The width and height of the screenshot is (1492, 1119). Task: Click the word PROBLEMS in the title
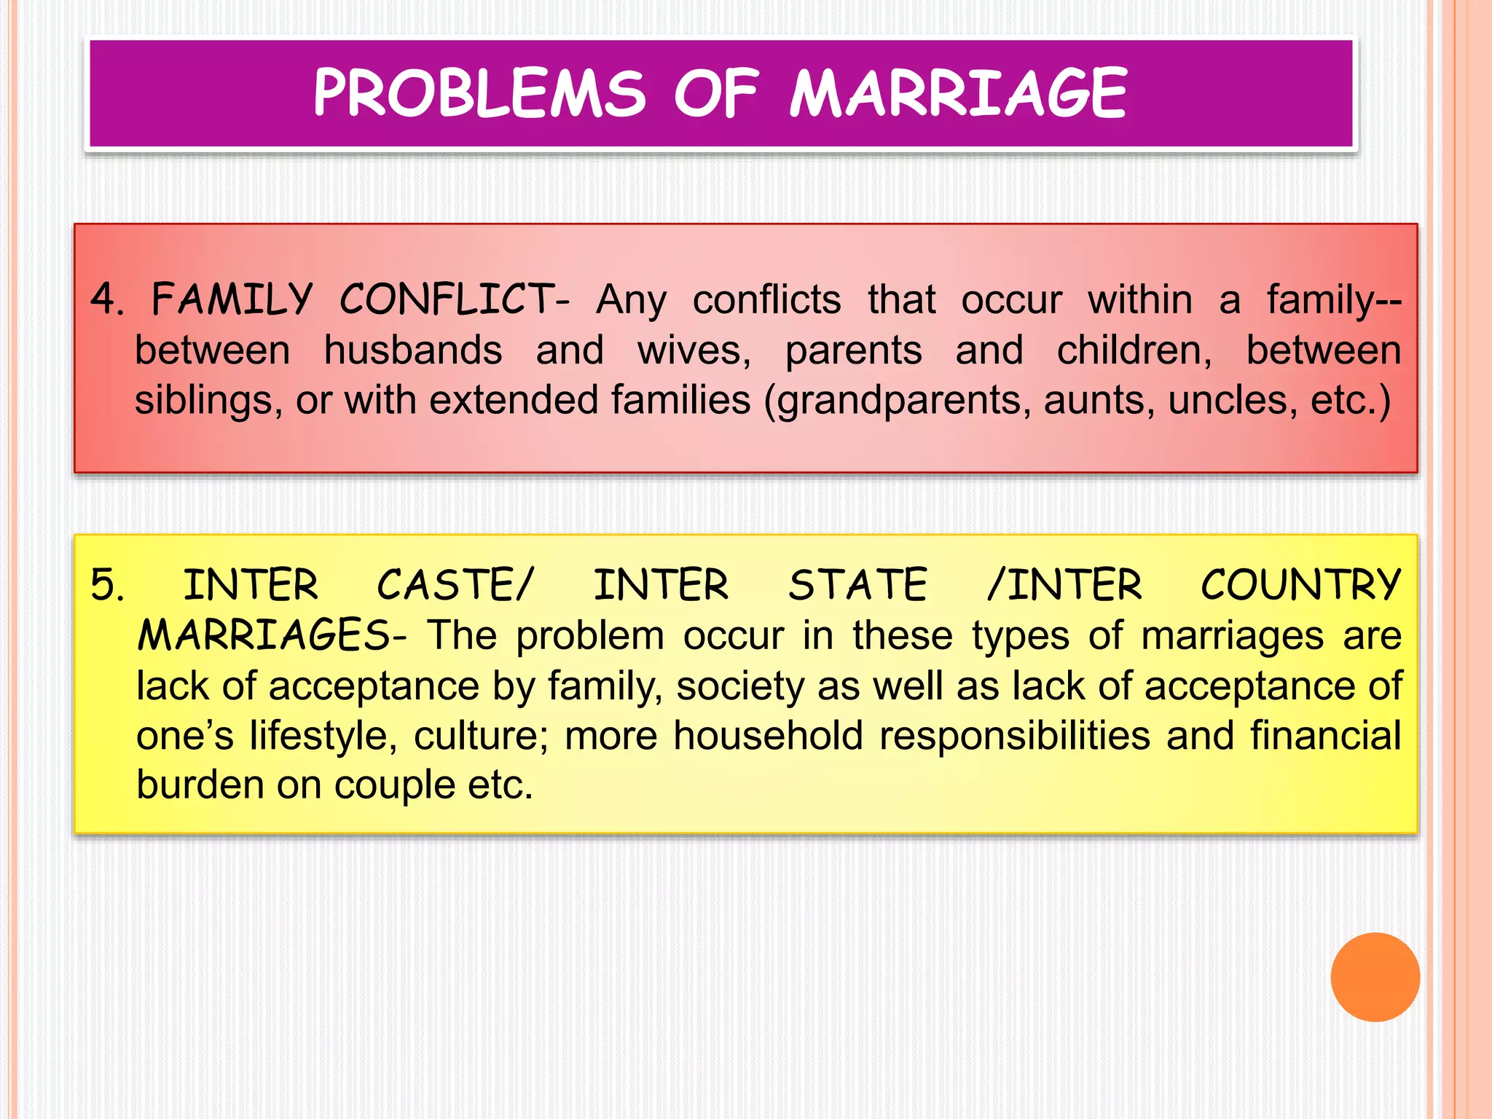point(479,93)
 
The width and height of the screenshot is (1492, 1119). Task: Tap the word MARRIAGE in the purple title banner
point(959,93)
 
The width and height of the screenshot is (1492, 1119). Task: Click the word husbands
point(412,350)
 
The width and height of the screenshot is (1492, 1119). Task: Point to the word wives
point(693,350)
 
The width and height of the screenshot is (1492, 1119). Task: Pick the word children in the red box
point(1133,350)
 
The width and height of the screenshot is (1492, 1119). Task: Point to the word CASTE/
point(455,585)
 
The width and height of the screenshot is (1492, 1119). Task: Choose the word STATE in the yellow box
point(857,585)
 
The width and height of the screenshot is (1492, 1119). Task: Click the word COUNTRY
point(1300,585)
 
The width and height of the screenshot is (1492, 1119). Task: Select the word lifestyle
point(323,736)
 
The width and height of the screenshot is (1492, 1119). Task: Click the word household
point(768,736)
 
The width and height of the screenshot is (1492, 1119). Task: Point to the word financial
point(1325,736)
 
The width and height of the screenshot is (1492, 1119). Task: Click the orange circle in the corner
point(1375,977)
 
